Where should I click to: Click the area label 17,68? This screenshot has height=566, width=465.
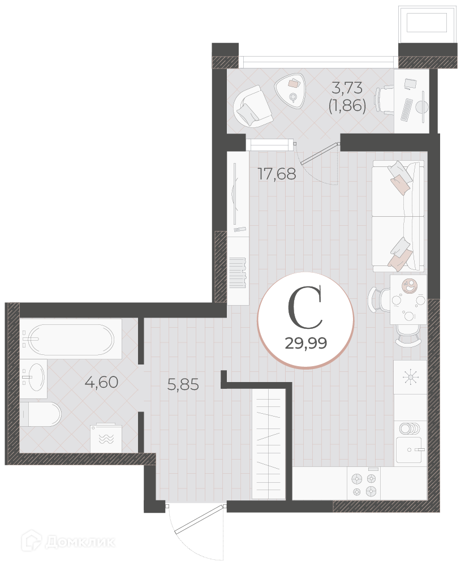pos(277,174)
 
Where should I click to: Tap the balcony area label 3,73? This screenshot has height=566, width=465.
pos(347,88)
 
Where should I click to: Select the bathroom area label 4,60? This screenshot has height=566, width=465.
pos(101,382)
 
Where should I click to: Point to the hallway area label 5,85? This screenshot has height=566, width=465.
pos(183,385)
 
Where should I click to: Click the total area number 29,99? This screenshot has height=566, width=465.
pos(306,343)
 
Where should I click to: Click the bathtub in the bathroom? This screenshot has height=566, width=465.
pos(71,339)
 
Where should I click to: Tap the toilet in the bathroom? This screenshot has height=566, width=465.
pos(40,414)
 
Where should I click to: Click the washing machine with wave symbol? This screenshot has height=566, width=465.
pos(106,438)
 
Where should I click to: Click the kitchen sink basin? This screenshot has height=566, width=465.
pos(408,450)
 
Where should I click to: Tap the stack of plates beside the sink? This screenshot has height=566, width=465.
pos(410,429)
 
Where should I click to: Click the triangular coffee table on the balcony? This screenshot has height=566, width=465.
pos(290,91)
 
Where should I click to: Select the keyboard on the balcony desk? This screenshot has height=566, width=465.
pos(407,110)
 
